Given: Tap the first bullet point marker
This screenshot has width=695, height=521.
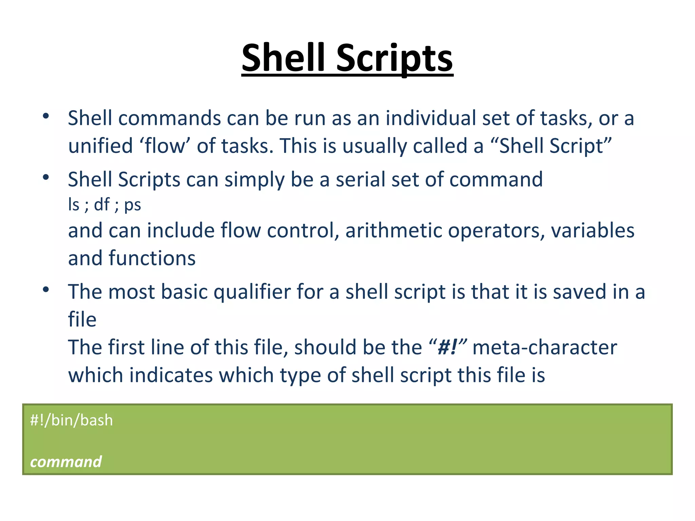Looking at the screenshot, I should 46,116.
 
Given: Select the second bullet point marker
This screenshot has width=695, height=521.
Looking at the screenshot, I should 46,177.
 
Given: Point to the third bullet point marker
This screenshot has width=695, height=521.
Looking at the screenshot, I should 46,290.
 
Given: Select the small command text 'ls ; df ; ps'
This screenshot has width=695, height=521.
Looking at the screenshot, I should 105,205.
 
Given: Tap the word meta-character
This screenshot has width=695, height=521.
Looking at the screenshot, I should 544,348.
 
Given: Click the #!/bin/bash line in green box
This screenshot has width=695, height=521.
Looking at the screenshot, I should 71,421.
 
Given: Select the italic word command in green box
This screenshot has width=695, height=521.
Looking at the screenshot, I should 66,462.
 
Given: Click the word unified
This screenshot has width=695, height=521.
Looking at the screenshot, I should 100,146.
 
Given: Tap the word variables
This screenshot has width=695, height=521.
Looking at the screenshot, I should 592,231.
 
